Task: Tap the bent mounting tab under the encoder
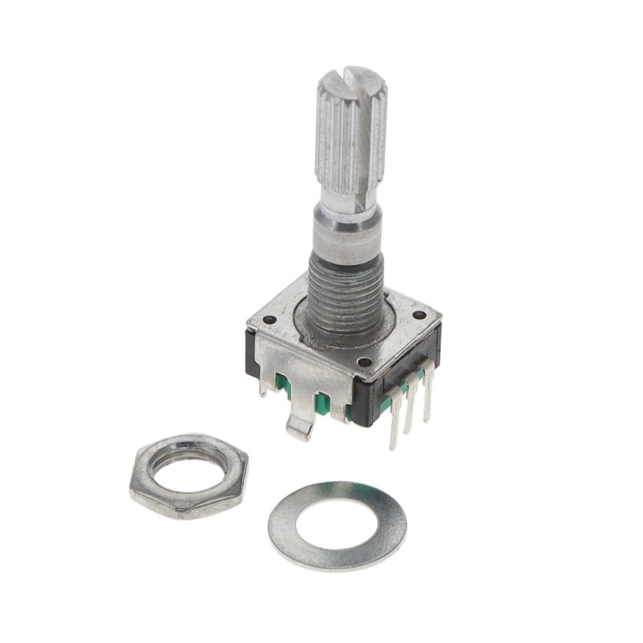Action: (x=300, y=425)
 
